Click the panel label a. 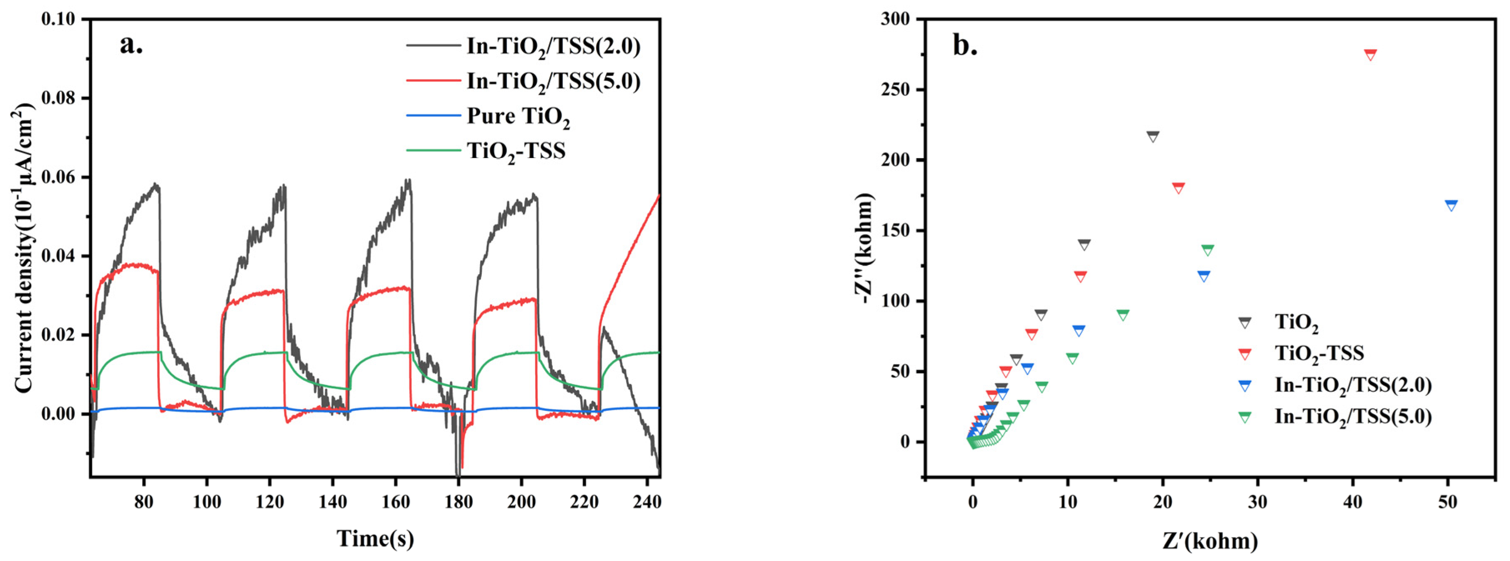[131, 45]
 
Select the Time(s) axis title [375, 538]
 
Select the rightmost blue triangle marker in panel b [1451, 205]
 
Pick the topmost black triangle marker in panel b [1153, 136]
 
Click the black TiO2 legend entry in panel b [1296, 322]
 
